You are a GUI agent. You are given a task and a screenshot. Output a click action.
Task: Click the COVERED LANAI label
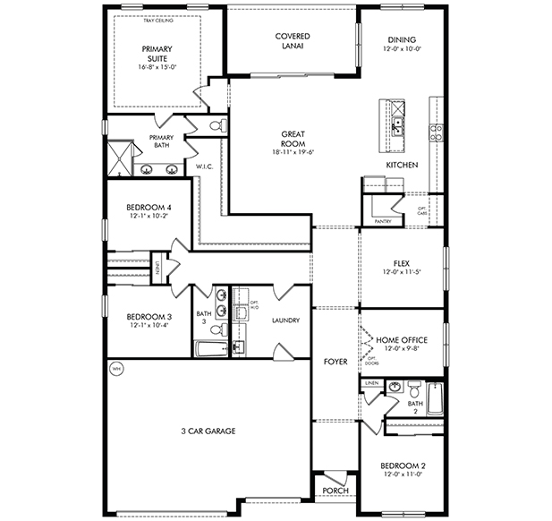(x=292, y=40)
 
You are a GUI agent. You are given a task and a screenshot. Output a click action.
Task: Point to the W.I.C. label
(x=203, y=167)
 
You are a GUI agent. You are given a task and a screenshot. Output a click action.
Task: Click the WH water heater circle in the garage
(x=115, y=368)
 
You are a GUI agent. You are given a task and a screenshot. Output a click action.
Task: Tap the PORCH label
(x=335, y=490)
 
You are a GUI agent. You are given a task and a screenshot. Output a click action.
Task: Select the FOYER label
(x=335, y=362)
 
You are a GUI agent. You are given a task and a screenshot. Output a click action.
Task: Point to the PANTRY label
(x=383, y=219)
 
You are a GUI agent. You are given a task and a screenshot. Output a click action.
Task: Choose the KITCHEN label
(x=402, y=166)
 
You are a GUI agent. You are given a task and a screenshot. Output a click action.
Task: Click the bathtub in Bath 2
(x=434, y=399)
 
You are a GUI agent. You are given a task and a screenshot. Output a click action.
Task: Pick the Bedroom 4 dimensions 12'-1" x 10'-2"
(x=149, y=215)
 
